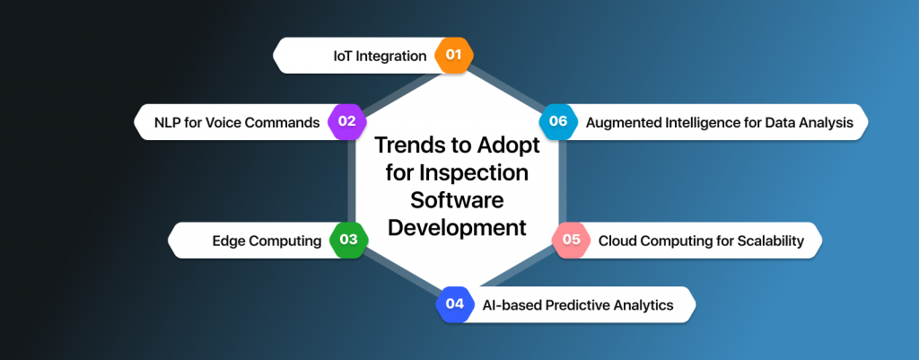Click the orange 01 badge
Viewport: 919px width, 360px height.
453,56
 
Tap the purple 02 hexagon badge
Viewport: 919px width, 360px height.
346,121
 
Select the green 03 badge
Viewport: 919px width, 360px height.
348,240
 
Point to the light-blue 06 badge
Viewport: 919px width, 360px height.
558,121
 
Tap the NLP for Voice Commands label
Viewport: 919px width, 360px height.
237,121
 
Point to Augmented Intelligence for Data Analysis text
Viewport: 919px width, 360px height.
719,121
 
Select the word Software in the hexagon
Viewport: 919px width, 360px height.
457,199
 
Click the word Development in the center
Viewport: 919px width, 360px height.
457,227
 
